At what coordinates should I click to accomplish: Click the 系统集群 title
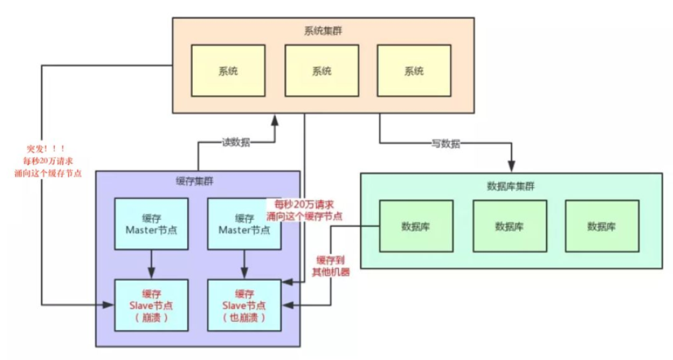click(323, 31)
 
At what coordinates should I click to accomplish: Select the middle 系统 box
click(321, 71)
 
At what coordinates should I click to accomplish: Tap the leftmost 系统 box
click(228, 71)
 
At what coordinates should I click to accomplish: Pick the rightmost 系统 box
click(413, 71)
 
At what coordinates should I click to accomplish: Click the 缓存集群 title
click(199, 182)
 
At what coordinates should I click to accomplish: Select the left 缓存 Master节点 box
click(151, 223)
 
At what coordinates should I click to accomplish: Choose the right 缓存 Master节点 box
click(244, 223)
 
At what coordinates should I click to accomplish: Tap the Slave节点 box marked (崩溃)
click(151, 305)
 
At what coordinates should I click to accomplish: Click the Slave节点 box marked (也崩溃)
click(244, 305)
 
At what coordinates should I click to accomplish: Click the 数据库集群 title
click(511, 186)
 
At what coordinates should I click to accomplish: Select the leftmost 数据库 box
click(416, 227)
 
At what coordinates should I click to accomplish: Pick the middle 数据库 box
click(509, 227)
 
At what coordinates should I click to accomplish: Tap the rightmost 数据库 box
click(602, 227)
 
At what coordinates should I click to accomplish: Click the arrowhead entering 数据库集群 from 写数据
click(511, 167)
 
